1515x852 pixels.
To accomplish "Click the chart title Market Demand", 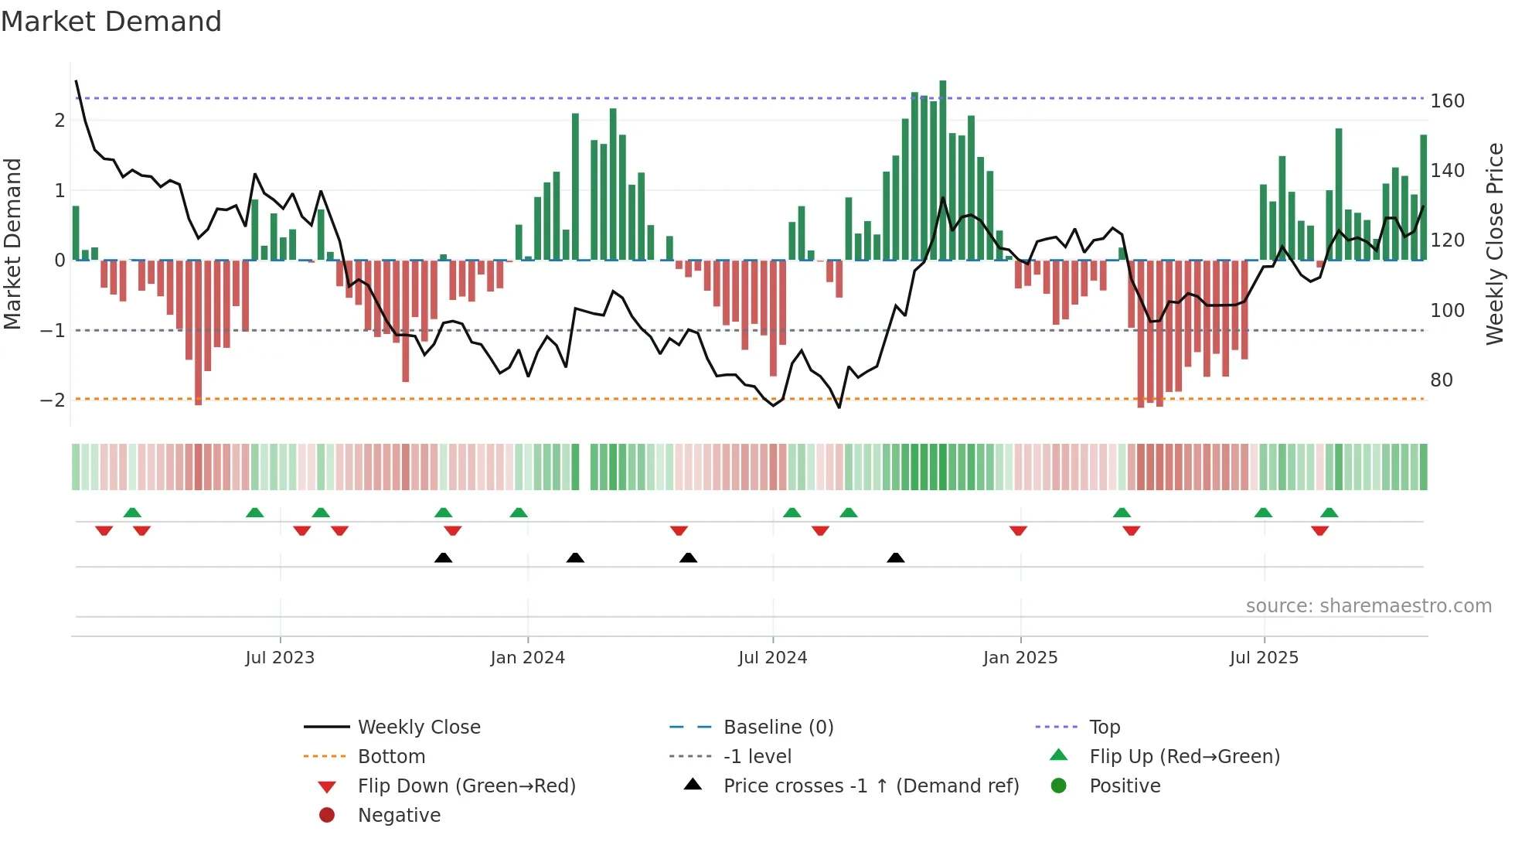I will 111,22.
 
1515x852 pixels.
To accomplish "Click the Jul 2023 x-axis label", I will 280,658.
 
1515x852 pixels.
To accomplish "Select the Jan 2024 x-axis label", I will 527,658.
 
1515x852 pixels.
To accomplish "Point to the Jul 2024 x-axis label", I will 772,658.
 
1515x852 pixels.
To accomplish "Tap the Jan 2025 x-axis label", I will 1020,658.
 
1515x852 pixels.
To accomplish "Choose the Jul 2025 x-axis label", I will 1264,658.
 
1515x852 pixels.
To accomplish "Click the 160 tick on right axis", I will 1447,101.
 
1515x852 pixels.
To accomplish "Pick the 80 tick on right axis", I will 1441,380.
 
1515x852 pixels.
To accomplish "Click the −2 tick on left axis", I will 53,400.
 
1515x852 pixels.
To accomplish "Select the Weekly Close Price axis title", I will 1495,244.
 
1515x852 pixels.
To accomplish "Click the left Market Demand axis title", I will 13,244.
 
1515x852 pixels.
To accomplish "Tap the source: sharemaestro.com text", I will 1368,606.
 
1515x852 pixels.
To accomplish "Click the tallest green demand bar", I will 942,170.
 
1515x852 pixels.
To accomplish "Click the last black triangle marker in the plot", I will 895,558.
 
